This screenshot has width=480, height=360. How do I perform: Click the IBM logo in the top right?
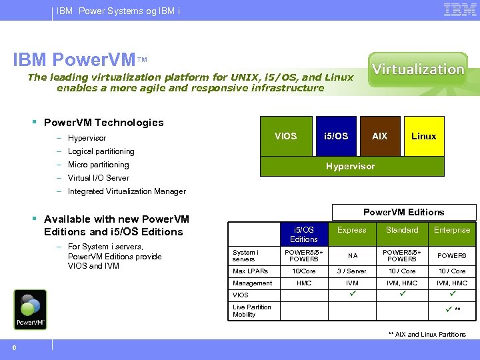pos(459,10)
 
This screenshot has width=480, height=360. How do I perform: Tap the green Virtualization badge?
pos(418,69)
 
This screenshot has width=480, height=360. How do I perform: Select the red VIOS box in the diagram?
pos(285,136)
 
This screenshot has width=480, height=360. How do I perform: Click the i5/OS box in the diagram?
pos(335,136)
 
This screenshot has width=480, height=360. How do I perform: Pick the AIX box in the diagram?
pos(379,136)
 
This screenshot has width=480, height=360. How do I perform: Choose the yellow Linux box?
pos(423,136)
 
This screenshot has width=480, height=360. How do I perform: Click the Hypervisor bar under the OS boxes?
pos(350,166)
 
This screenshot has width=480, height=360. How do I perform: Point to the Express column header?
pos(352,230)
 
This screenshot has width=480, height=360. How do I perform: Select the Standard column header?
pos(402,230)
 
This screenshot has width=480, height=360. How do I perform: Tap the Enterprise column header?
pos(452,230)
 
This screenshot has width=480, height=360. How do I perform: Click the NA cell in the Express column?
pos(352,256)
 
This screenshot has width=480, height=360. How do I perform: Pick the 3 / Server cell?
pos(352,271)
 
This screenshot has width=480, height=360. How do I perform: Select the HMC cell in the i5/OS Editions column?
pos(304,283)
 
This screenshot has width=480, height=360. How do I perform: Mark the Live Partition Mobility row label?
pos(252,311)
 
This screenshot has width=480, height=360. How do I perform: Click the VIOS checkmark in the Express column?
pos(352,294)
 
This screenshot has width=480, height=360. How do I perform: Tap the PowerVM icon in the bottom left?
pos(30,309)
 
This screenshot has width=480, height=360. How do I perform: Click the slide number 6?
pos(14,345)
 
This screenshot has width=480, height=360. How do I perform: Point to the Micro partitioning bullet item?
pos(98,165)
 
